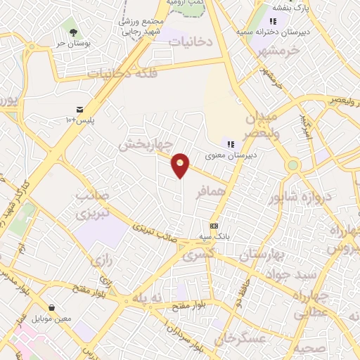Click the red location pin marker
[x=181, y=165]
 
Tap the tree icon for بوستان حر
[x=72, y=31]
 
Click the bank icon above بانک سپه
[x=214, y=226]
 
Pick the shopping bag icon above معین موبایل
[x=52, y=307]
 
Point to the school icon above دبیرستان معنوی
[x=230, y=144]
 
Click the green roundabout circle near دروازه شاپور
[x=293, y=166]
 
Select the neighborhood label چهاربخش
[x=144, y=145]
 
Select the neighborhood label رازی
[x=101, y=259]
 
